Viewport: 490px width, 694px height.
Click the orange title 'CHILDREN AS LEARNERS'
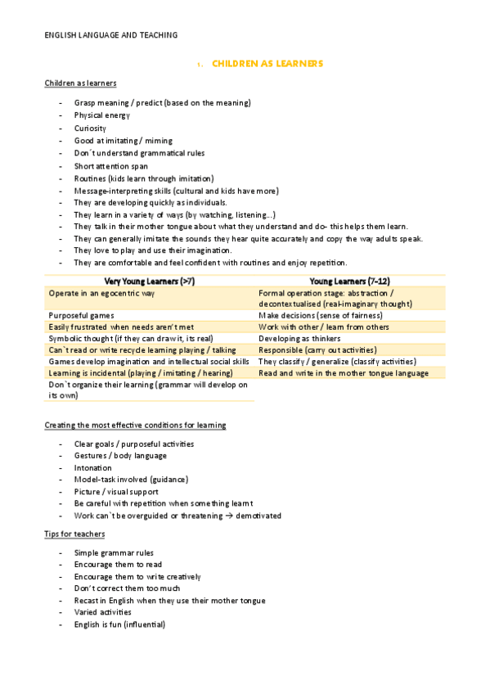pos(267,63)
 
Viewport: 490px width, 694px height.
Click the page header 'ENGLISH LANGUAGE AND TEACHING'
pos(110,35)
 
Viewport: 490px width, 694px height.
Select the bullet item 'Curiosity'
pos(90,128)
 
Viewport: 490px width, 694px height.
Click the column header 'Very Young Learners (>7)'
pos(149,281)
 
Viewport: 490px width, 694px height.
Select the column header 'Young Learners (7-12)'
pos(349,281)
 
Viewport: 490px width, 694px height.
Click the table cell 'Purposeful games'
pos(81,315)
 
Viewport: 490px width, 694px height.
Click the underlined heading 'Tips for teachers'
pos(74,534)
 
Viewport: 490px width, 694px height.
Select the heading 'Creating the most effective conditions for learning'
pos(135,426)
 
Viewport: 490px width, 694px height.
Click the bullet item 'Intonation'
pos(92,467)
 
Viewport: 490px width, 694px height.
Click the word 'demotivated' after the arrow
pos(258,516)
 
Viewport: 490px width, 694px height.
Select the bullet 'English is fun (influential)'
pos(119,624)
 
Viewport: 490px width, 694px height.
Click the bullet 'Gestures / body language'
pos(120,456)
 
